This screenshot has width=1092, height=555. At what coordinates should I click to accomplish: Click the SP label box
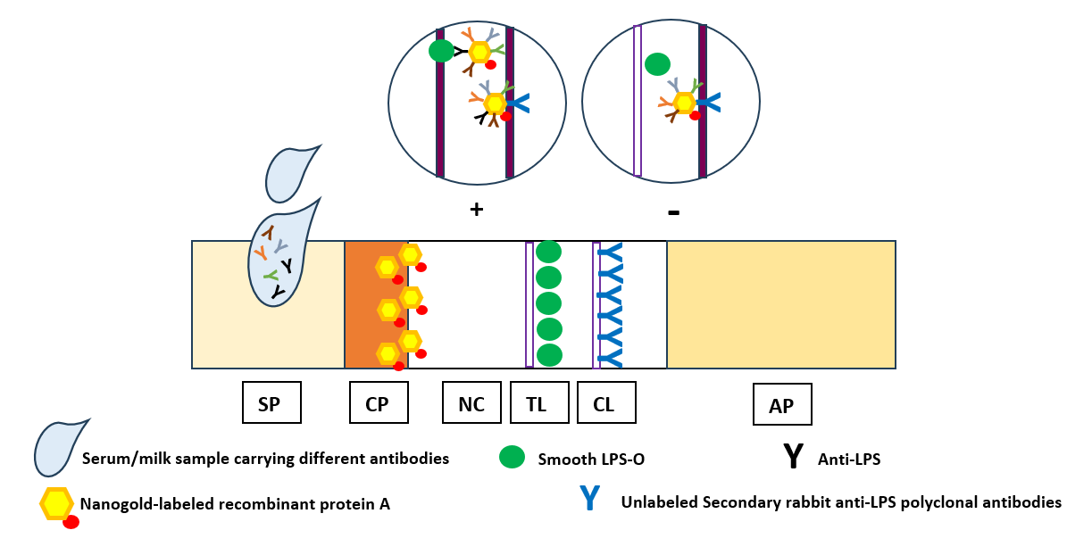click(x=271, y=402)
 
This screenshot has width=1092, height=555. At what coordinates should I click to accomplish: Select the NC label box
click(x=471, y=402)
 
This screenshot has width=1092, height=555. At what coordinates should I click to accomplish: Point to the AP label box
click(x=782, y=405)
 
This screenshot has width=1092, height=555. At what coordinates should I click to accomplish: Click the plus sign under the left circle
click(x=476, y=210)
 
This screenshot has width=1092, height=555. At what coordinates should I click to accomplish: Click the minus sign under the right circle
click(x=674, y=212)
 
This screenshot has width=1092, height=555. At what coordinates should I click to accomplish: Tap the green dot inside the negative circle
click(x=657, y=64)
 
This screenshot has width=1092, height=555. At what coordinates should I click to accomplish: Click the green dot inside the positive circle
click(x=441, y=51)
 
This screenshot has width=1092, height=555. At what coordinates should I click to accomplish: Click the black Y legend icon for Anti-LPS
click(x=793, y=457)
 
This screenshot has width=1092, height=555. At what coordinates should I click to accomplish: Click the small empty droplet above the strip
click(x=290, y=171)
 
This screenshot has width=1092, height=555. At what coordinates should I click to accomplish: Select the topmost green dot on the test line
click(x=548, y=252)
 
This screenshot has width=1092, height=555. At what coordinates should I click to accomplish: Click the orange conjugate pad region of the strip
click(x=364, y=304)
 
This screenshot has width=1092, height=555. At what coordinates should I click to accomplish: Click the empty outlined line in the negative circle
click(x=638, y=100)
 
